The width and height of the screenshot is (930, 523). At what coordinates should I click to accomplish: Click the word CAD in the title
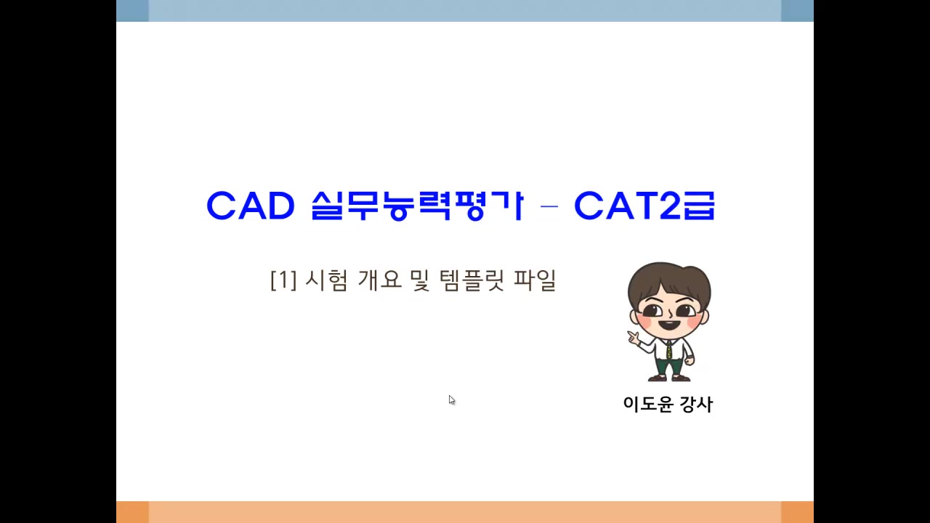click(250, 206)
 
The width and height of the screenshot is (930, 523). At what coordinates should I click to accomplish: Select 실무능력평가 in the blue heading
click(416, 206)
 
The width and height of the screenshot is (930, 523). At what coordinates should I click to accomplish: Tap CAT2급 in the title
click(644, 206)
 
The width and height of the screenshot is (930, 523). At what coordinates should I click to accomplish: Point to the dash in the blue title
click(549, 207)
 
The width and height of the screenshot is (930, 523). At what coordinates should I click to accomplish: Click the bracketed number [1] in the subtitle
click(283, 280)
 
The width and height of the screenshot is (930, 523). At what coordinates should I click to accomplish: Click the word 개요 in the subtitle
click(379, 280)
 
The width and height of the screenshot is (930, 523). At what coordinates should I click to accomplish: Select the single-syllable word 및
click(420, 280)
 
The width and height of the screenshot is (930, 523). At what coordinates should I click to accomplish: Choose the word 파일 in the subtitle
click(535, 280)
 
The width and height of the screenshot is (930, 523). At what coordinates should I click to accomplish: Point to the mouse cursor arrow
click(451, 400)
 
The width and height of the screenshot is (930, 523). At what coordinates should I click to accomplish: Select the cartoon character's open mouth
click(669, 325)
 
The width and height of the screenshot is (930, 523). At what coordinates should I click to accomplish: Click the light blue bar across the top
click(465, 11)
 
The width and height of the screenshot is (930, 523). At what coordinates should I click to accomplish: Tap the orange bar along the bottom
click(465, 511)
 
